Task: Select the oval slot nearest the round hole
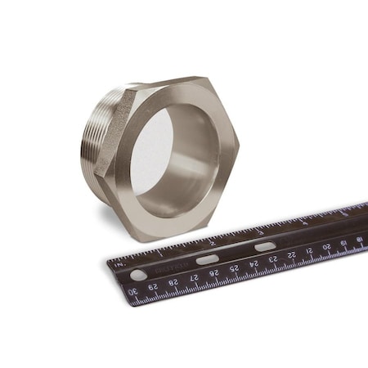[207, 259]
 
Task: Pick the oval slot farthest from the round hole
[264, 245]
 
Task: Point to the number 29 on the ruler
[154, 287]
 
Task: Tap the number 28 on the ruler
[173, 282]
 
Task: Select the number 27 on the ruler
[194, 277]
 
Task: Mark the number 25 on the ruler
[234, 267]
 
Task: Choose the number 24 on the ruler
[253, 263]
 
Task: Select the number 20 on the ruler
[327, 246]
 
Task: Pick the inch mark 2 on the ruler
[212, 242]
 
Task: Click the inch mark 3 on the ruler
[260, 231]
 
